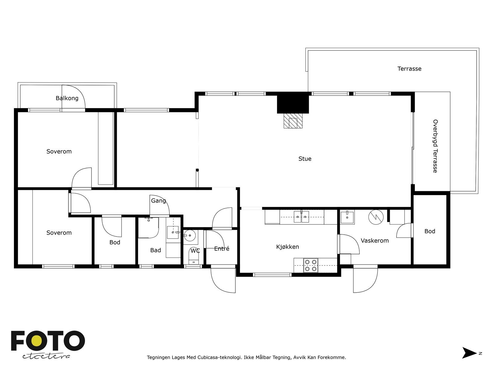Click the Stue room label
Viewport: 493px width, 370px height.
pyautogui.click(x=305, y=159)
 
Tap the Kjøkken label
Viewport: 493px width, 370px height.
pyautogui.click(x=287, y=247)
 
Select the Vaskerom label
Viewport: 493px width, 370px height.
pyautogui.click(x=375, y=240)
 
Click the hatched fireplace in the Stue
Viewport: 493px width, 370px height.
pyautogui.click(x=293, y=121)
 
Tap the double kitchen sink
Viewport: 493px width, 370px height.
pyautogui.click(x=301, y=216)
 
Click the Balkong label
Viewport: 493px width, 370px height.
pyautogui.click(x=67, y=98)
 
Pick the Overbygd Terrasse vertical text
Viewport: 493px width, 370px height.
pyautogui.click(x=435, y=146)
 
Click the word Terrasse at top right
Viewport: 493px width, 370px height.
pyautogui.click(x=409, y=69)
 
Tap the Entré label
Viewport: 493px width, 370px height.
pyautogui.click(x=222, y=249)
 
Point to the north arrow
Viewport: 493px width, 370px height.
pyautogui.click(x=469, y=353)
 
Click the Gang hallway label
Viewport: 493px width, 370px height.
pyautogui.click(x=158, y=201)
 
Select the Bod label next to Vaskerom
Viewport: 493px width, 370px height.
pyautogui.click(x=430, y=231)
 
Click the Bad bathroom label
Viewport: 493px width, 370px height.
pyautogui.click(x=155, y=250)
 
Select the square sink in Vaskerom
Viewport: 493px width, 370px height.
pyautogui.click(x=347, y=217)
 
